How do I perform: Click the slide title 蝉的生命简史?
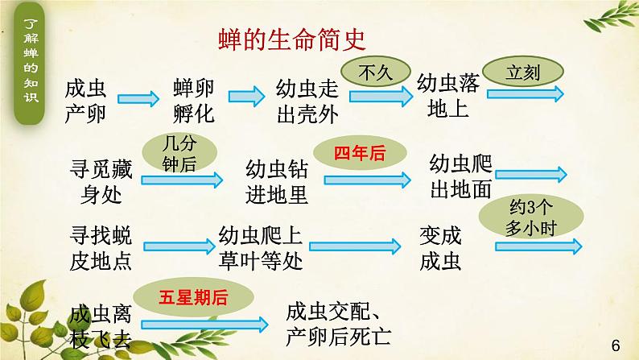pos(293,39)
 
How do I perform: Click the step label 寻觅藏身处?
pos(101,181)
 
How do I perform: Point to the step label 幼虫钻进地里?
pos(277,181)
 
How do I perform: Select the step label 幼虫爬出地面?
pos(461,176)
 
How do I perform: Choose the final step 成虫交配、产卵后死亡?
pos(338,323)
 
